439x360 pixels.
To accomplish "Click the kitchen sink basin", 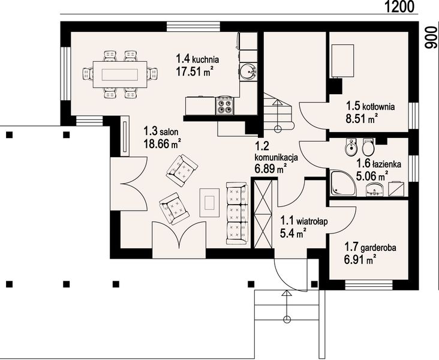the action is click(x=248, y=71).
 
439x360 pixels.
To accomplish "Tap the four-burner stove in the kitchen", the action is click(x=224, y=106).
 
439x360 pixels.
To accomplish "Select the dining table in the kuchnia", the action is click(x=120, y=74).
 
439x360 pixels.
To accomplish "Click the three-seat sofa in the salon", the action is click(x=237, y=213).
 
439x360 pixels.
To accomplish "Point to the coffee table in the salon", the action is click(x=209, y=202).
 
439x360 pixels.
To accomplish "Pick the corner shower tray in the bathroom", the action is click(x=344, y=182).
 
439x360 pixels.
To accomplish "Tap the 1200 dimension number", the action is click(x=399, y=7).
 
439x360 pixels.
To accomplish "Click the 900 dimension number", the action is click(x=431, y=37).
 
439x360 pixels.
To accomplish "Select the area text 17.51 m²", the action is click(x=193, y=71).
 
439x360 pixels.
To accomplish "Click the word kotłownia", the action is click(x=378, y=107).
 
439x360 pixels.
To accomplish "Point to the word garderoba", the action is click(x=378, y=248).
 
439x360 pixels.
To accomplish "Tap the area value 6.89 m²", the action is click(x=270, y=169).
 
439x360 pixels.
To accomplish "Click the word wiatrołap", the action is click(x=312, y=221).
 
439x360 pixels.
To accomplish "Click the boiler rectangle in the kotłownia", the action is click(x=342, y=61).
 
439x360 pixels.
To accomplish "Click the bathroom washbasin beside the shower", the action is click(x=374, y=189).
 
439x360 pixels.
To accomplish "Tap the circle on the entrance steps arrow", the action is click(x=287, y=319).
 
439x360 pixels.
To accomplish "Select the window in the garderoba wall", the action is click(x=369, y=284).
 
